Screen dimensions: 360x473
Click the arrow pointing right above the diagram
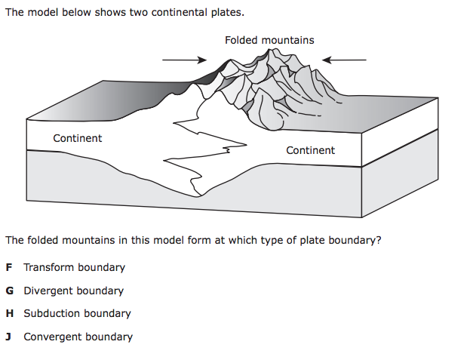pos(184,60)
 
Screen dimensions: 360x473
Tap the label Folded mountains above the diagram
pos(269,40)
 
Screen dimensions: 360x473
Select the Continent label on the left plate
pos(78,138)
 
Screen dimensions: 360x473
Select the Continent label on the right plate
pos(310,150)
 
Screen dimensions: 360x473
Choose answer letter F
pos(8,267)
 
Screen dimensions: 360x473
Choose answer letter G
pos(9,291)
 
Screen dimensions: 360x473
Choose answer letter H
pos(9,313)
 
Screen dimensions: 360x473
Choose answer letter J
pos(8,337)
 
